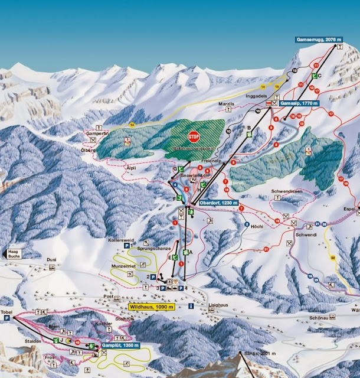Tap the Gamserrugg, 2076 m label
coord(318,40)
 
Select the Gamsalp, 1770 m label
coord(299,103)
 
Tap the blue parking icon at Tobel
coord(7,318)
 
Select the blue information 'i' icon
coord(190,306)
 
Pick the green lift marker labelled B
coord(249,135)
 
